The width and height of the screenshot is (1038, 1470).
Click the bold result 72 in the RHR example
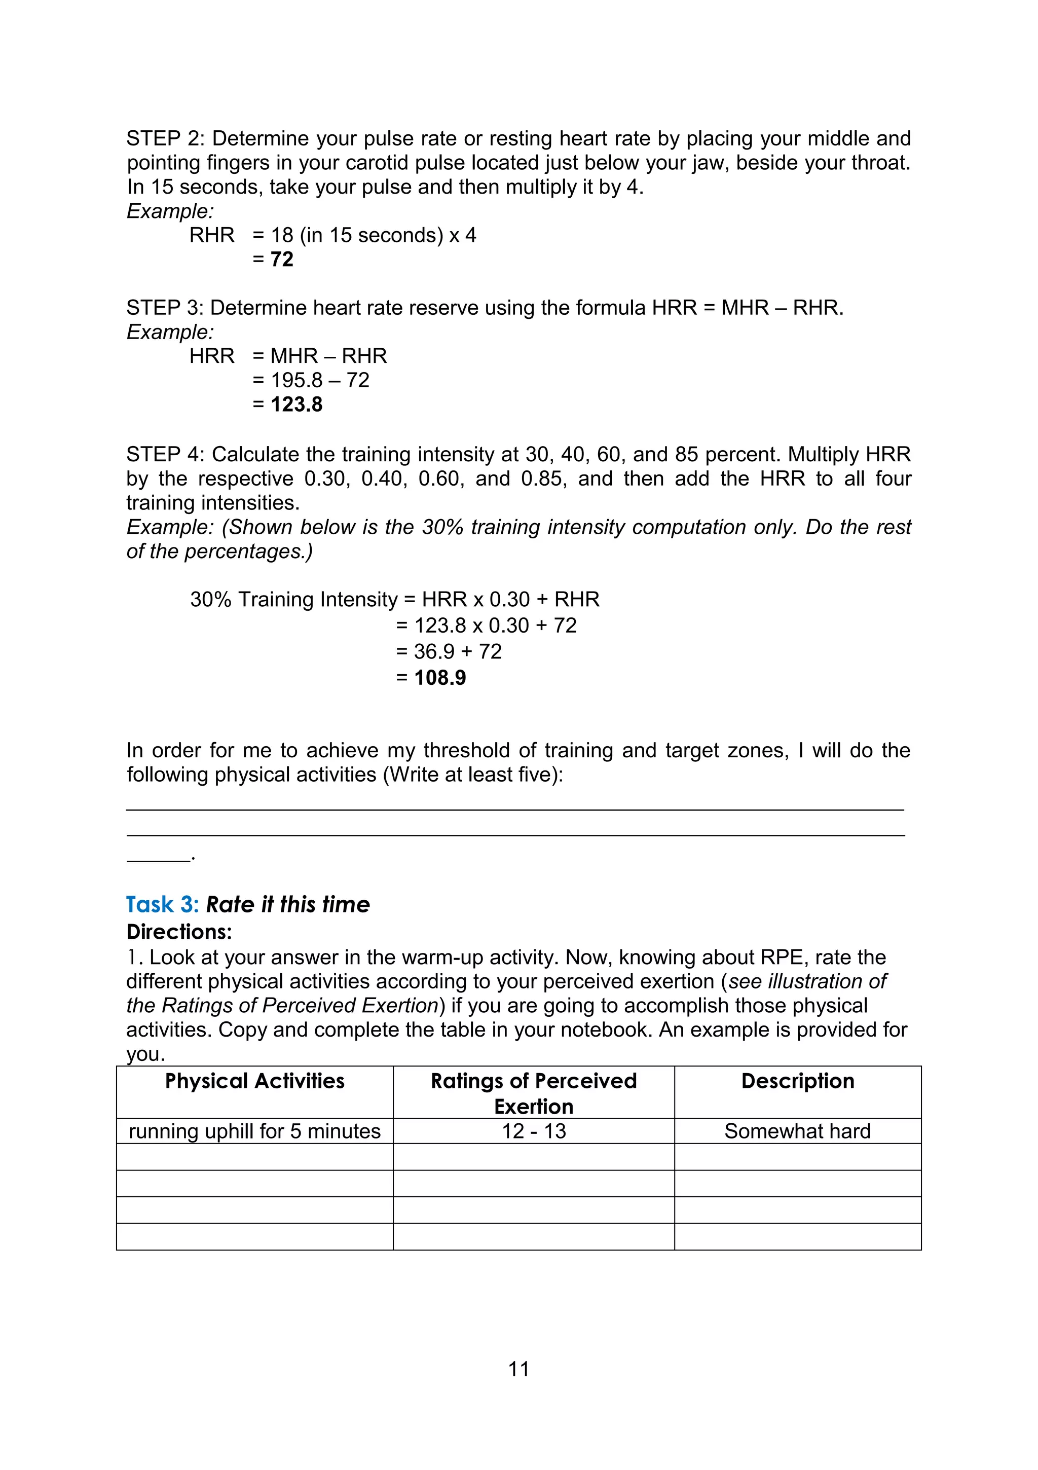282,260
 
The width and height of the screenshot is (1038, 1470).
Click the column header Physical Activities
254,1081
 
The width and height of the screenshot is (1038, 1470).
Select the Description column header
797,1081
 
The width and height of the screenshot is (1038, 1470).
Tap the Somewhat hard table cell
797,1131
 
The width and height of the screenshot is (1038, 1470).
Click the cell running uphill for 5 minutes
254,1131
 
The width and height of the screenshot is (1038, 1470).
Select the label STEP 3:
165,308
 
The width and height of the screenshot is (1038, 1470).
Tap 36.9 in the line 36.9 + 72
434,651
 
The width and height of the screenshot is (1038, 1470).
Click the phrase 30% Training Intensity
293,599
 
